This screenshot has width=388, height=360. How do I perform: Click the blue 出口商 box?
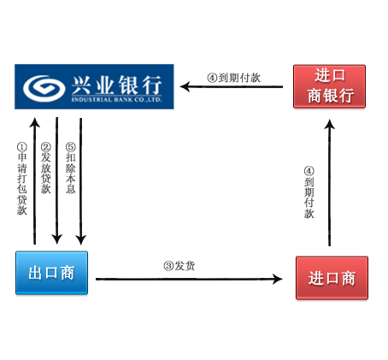coord(51,273)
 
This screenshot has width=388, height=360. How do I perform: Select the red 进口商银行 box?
coord(329,86)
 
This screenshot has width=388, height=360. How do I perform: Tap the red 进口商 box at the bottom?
coord(332,278)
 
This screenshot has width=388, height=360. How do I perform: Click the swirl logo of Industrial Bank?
coord(44,88)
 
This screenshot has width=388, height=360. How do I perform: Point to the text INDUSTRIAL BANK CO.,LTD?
coord(117,100)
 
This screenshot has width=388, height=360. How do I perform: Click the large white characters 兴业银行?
coord(117,85)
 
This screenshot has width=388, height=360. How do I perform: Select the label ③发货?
coord(179,266)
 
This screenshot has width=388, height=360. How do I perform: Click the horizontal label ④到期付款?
coord(234,78)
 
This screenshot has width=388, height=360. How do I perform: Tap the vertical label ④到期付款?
coord(309,192)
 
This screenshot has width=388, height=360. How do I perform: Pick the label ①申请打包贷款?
coord(22,179)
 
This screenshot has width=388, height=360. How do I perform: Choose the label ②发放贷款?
coord(45,168)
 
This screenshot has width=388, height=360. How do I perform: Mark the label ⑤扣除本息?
coord(71,168)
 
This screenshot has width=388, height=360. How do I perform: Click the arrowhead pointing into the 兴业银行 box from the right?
coord(185,86)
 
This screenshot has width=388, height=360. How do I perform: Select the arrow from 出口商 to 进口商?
coord(189,279)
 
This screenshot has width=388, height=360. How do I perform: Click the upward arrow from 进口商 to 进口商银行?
coord(330,183)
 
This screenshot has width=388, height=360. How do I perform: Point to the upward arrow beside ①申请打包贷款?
coord(35,181)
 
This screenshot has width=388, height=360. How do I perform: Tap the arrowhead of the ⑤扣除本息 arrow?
coord(81,239)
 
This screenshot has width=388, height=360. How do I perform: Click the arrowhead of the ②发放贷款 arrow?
coord(57,239)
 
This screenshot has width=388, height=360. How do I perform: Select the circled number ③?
coord(168,266)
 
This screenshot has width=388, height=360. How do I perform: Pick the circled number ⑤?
coord(71,147)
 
